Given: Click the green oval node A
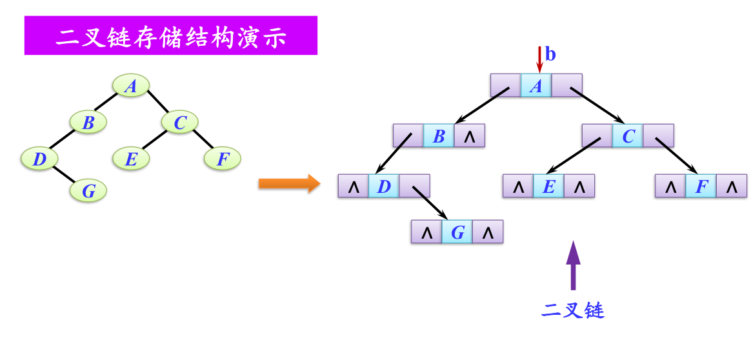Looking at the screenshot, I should click(131, 86).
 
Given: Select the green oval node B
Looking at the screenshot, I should click(88, 122).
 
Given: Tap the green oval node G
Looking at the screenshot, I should click(89, 191).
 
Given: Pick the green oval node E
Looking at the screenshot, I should click(131, 158).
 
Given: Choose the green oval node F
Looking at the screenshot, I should click(223, 158).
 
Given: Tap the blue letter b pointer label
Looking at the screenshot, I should click(550, 54).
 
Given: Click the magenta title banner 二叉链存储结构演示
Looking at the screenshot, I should click(171, 36).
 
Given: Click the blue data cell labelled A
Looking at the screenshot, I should click(536, 86).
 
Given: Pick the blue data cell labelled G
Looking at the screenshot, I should click(457, 232).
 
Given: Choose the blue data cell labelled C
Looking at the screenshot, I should click(628, 136).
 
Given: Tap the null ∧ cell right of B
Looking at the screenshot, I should click(470, 136).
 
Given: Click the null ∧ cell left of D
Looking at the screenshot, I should click(354, 186).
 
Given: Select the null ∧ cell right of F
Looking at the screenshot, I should click(731, 186).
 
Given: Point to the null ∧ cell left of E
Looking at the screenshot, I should click(518, 186).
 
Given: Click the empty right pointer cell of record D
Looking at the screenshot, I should click(415, 186).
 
